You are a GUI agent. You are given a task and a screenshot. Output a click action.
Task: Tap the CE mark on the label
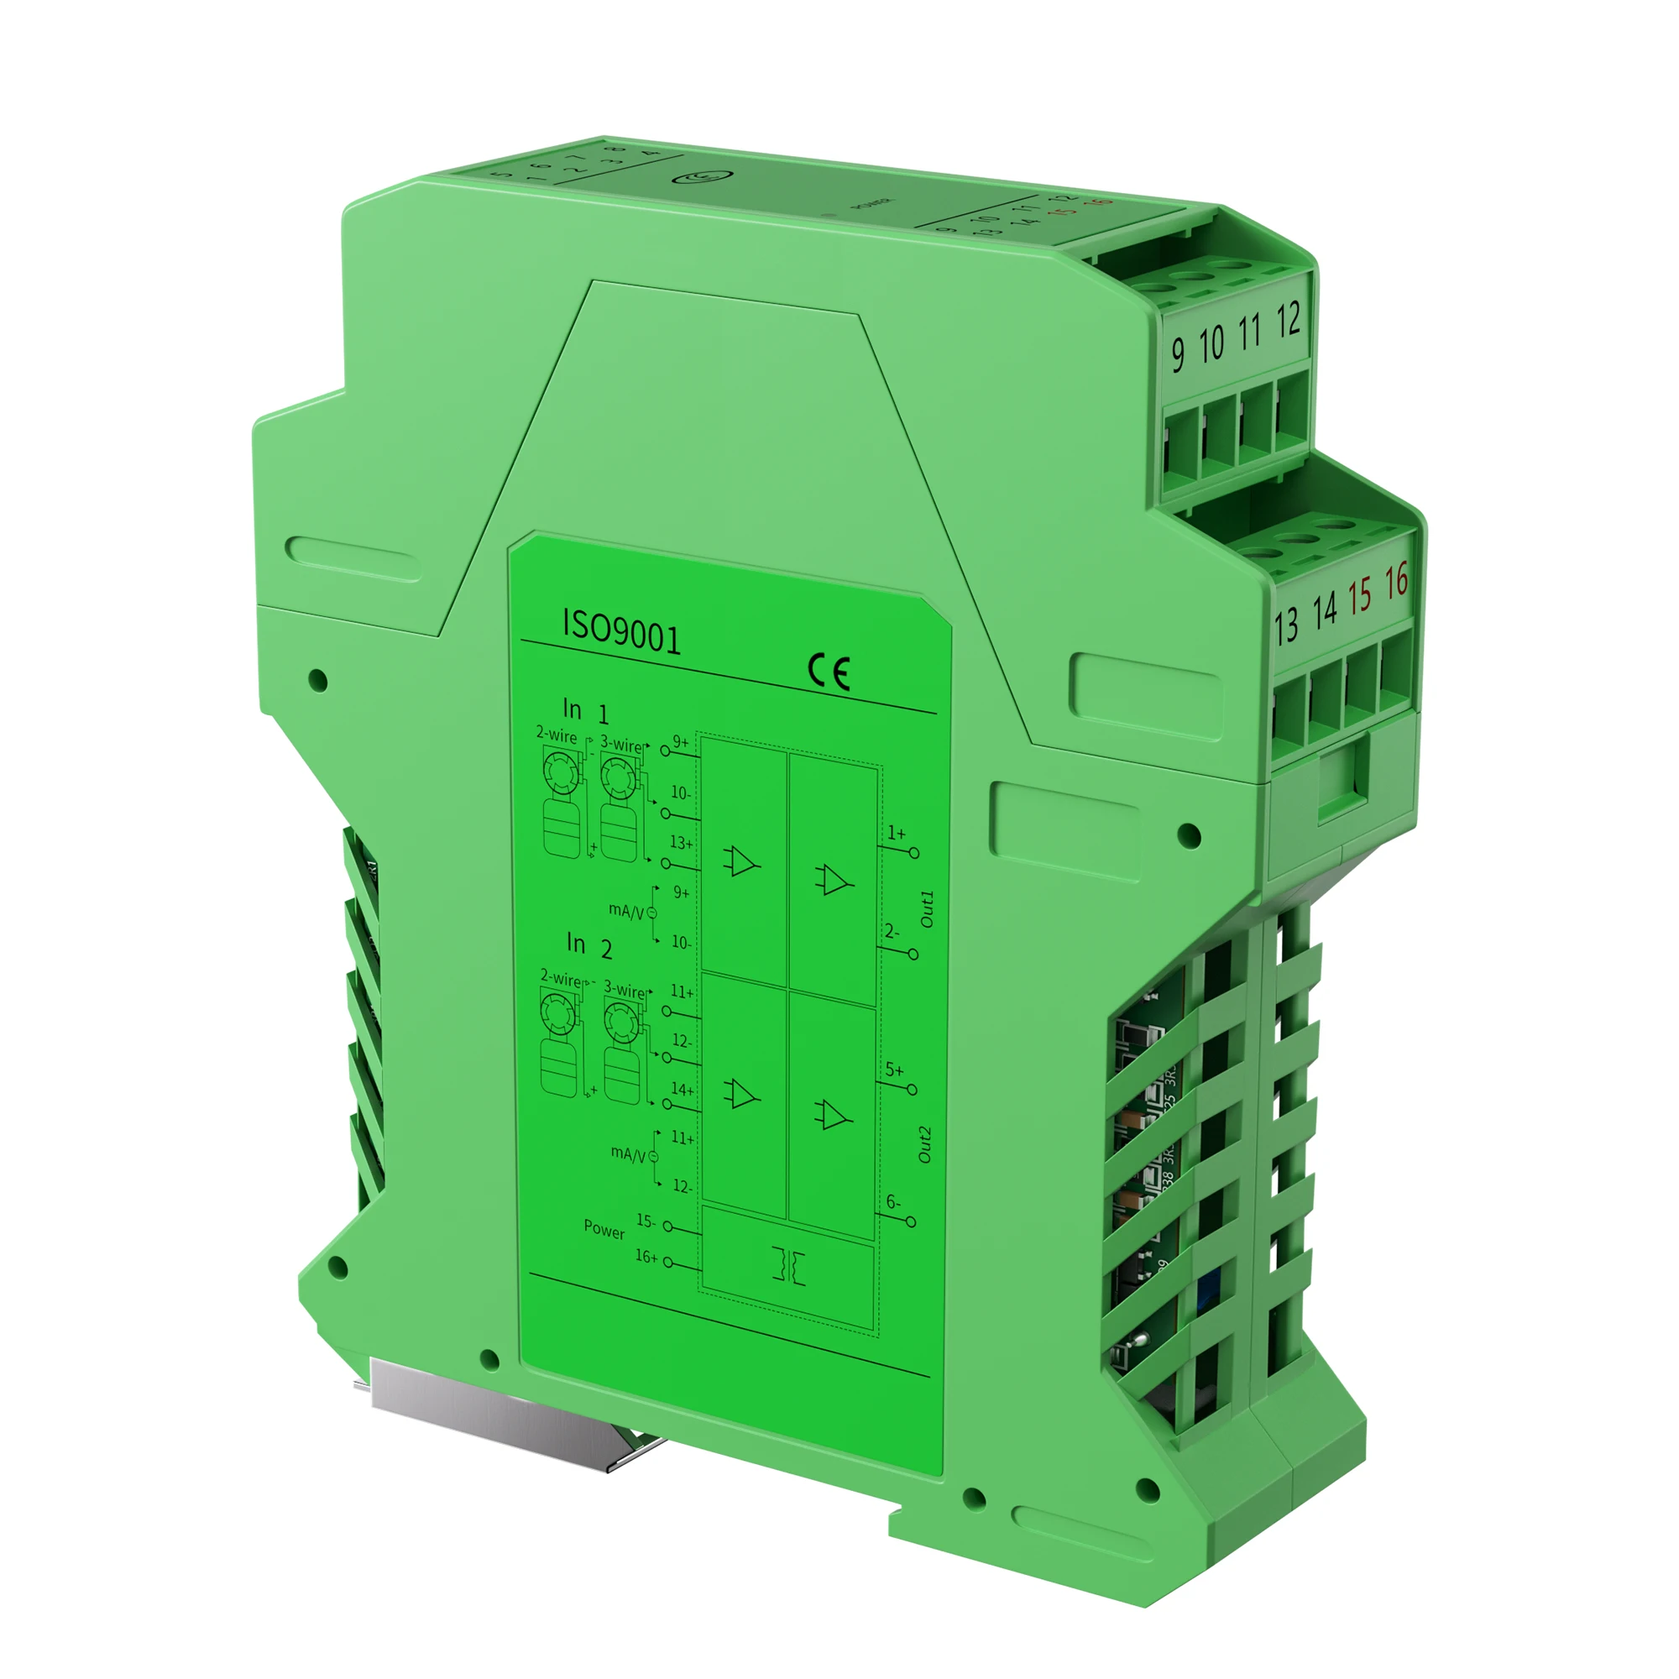pos(829,672)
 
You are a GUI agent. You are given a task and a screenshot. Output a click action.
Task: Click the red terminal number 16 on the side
pos(1396,582)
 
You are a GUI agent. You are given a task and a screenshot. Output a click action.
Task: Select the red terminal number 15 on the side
pos(1359,595)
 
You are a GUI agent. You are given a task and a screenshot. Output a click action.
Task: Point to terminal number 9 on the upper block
pos(1178,353)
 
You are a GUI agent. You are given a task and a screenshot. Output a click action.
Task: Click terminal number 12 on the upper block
pos(1288,320)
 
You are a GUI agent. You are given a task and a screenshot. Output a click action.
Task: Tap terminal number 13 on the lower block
pos(1286,625)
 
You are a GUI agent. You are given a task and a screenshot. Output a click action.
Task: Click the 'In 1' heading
pos(586,711)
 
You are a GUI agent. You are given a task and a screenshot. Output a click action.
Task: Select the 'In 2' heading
pos(589,944)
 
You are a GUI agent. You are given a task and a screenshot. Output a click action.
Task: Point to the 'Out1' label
pos(927,908)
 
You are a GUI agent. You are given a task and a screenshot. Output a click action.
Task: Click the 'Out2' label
pos(924,1144)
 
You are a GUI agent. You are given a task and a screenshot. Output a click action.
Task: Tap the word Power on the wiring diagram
pos(604,1230)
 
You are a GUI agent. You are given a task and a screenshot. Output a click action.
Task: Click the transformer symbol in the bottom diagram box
pos(788,1266)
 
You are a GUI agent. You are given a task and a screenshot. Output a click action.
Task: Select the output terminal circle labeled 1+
pos(913,854)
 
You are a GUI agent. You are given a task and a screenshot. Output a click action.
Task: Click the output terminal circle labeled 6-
pos(911,1221)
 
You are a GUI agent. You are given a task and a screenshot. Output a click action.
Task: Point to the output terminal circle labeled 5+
pos(912,1089)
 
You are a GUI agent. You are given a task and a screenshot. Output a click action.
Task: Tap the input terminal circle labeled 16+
pos(668,1262)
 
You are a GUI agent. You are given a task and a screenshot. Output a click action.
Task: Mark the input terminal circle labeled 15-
pos(668,1227)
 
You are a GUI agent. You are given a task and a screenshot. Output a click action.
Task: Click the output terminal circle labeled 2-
pos(913,955)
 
